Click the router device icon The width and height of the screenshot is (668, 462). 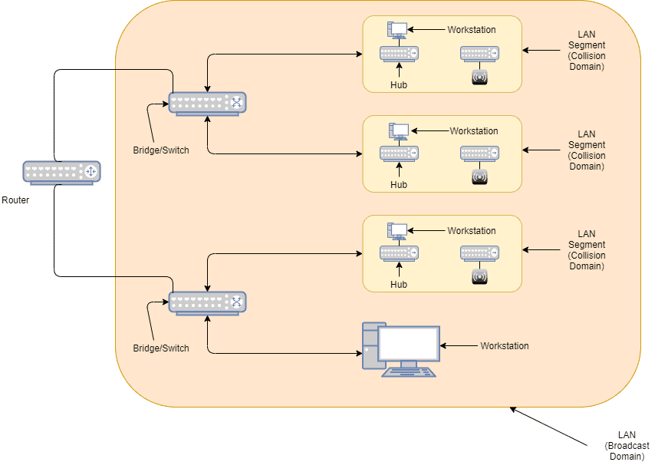click(x=61, y=173)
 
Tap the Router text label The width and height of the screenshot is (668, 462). click(x=15, y=200)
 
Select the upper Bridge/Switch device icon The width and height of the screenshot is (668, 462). click(x=207, y=104)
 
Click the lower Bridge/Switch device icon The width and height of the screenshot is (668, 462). click(x=207, y=303)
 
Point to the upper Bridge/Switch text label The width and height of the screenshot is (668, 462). click(x=161, y=150)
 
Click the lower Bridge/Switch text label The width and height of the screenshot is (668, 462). click(x=161, y=348)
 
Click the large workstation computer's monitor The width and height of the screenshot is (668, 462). click(x=409, y=344)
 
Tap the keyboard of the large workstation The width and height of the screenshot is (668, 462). click(x=409, y=372)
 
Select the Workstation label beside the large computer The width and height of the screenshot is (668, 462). click(x=505, y=346)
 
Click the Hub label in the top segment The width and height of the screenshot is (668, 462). click(x=399, y=85)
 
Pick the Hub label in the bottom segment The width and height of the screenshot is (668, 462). click(x=399, y=285)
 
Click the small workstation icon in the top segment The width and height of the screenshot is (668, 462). click(x=398, y=30)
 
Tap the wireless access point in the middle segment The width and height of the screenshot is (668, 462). click(x=479, y=177)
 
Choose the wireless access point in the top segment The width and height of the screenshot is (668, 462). click(x=479, y=77)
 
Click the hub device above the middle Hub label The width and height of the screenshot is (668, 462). click(x=399, y=153)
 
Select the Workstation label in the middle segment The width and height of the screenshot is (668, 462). click(x=473, y=131)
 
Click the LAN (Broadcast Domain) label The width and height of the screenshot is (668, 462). click(x=627, y=445)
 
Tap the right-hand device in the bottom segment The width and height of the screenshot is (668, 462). click(x=479, y=253)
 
